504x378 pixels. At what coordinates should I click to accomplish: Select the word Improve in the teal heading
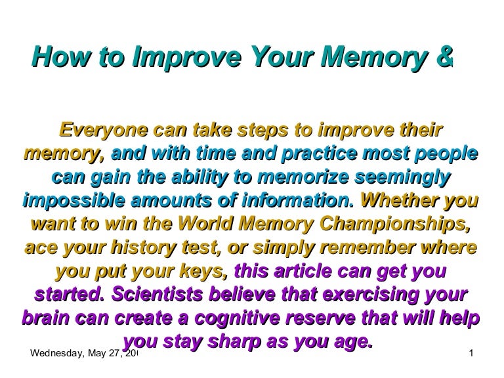coord(187,58)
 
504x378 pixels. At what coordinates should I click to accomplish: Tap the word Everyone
coord(104,131)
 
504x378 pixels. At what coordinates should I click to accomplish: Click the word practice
coord(319,154)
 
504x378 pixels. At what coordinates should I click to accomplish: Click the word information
coord(298,201)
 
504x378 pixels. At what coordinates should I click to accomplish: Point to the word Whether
coord(399,200)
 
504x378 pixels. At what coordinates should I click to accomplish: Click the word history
coord(144,248)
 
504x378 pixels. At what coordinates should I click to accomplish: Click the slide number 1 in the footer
coord(471,354)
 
